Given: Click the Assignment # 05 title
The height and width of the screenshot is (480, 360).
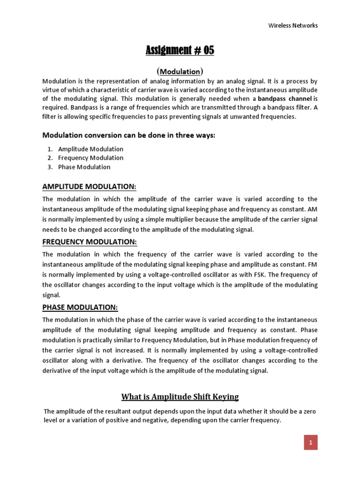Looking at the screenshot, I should point(180,50).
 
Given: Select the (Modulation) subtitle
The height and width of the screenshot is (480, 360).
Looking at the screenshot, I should point(180,72).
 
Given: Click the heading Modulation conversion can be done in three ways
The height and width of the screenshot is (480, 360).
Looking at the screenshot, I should point(129,135).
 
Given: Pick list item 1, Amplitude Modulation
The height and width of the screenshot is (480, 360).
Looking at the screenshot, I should point(90,149).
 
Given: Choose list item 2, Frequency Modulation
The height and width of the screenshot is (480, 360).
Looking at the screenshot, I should point(90,158).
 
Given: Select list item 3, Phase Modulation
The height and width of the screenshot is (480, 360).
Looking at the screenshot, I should point(84,167).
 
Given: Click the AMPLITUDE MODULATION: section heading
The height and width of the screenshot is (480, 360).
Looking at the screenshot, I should point(89,187).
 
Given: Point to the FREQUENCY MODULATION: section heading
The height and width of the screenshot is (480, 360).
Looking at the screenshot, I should point(90,241).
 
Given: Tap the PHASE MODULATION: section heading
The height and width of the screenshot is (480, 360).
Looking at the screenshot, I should point(80,307).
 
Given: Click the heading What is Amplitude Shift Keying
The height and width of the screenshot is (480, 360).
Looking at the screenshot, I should point(180,397).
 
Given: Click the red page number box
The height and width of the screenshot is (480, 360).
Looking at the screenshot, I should point(310,442).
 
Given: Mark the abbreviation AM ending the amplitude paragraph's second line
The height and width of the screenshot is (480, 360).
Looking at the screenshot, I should point(312,210).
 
